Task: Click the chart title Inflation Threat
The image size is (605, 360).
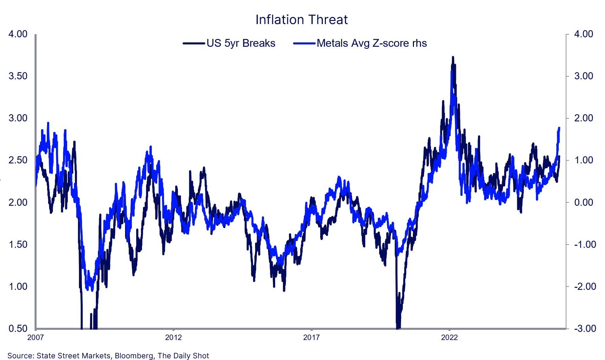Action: point(301,20)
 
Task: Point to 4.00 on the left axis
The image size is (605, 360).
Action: point(18,34)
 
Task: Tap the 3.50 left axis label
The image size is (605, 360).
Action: point(18,76)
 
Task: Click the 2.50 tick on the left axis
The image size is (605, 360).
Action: point(18,160)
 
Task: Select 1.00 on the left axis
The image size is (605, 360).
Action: point(18,286)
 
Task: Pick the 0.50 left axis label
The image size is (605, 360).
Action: point(18,328)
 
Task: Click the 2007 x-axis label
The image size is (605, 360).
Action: point(36,337)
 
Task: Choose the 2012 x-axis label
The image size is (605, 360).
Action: point(173,337)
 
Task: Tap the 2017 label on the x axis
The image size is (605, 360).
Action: point(311,337)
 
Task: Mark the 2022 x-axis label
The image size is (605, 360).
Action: point(449,337)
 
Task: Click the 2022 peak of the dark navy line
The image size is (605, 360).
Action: point(453,57)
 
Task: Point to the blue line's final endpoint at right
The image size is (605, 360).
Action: point(559,128)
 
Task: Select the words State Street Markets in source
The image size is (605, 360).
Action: point(74,356)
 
